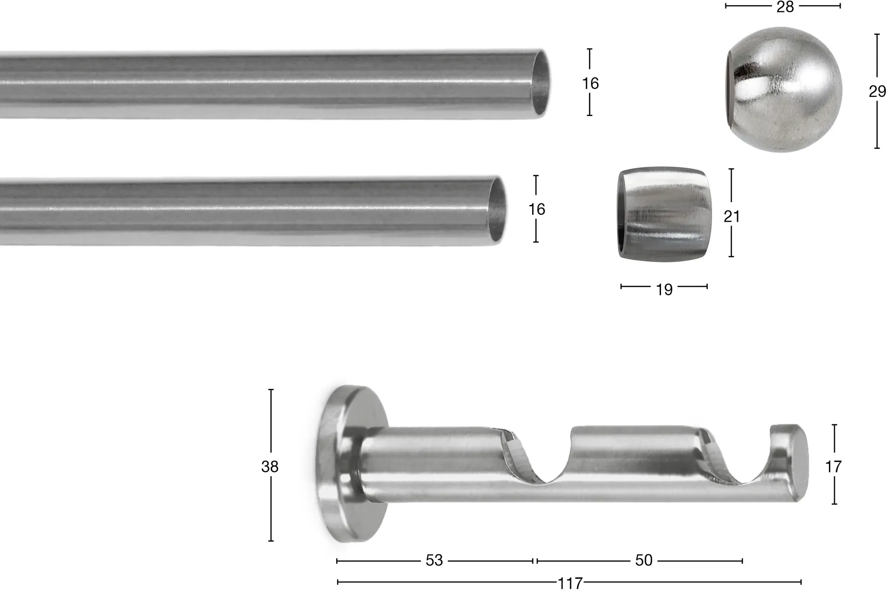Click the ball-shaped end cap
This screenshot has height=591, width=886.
tap(783, 90)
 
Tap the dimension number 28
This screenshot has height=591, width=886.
tap(785, 6)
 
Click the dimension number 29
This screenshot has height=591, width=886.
tap(877, 91)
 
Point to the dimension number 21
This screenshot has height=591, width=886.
tap(732, 216)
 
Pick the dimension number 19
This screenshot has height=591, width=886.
tap(664, 290)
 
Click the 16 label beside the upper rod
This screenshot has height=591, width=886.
tap(590, 83)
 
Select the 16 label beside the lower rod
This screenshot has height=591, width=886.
tap(536, 209)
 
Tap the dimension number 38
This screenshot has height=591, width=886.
tap(270, 466)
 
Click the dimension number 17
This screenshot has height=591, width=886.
tap(833, 466)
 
